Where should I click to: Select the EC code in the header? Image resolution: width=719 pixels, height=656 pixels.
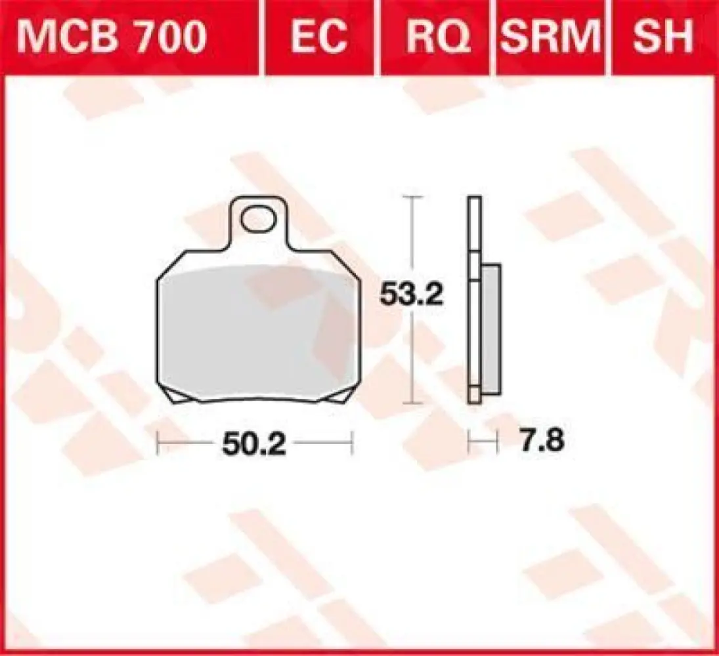318,37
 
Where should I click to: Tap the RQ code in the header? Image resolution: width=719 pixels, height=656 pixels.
438,37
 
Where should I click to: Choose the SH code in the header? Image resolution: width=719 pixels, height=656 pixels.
663,37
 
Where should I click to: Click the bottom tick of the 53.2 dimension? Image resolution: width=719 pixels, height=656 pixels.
412,401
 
